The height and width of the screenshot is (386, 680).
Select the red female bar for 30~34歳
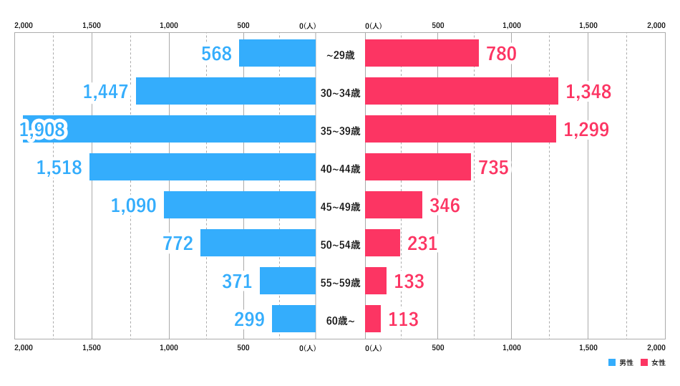click(x=462, y=91)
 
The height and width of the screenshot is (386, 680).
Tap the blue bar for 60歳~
click(x=293, y=319)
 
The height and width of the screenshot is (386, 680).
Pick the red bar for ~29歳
click(x=422, y=53)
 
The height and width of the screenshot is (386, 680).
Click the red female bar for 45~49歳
click(x=394, y=205)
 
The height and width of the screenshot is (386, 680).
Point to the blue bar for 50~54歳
click(x=258, y=243)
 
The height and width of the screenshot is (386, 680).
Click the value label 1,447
click(x=106, y=92)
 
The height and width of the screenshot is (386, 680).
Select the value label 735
click(x=493, y=168)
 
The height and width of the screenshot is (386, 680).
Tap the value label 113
click(x=403, y=319)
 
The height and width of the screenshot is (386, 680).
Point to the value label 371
click(x=237, y=281)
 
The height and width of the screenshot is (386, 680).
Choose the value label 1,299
click(x=586, y=130)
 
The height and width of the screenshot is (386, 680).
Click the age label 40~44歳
click(x=340, y=169)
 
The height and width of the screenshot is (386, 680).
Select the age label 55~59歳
click(x=340, y=283)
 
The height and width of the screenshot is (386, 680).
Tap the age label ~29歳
click(x=340, y=55)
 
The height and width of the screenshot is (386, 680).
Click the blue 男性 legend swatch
click(x=612, y=362)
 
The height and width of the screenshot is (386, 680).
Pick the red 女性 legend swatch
click(x=644, y=362)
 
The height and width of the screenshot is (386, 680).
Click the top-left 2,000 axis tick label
click(x=24, y=25)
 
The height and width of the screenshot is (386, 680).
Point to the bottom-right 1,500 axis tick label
click(x=588, y=347)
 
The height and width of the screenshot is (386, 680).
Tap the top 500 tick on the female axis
click(x=438, y=25)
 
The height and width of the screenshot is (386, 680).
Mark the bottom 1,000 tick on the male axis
click(x=169, y=347)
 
